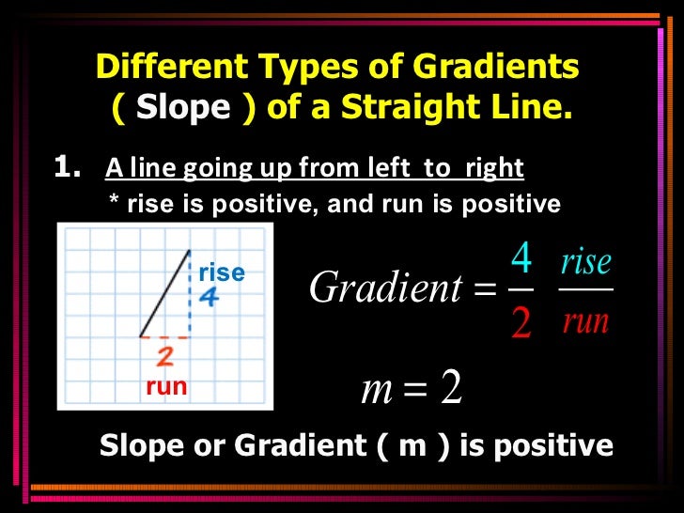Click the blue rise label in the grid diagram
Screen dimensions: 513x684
click(x=222, y=272)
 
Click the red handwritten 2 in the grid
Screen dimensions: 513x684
click(x=164, y=357)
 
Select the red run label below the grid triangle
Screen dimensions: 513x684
click(x=165, y=386)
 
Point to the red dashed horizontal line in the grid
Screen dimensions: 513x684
click(x=164, y=336)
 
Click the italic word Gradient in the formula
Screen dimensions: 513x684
click(x=385, y=288)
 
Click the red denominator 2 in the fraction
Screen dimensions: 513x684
click(x=521, y=323)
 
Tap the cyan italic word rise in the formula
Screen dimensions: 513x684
click(x=585, y=261)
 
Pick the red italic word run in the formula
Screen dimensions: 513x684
click(x=585, y=322)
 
